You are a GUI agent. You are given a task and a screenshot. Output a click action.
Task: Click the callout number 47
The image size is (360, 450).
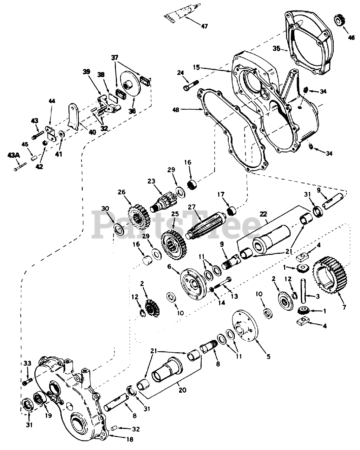(x=204, y=26)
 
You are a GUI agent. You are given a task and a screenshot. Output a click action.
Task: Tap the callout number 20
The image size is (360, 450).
(x=183, y=390)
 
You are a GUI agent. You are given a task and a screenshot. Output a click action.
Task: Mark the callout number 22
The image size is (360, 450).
(x=263, y=214)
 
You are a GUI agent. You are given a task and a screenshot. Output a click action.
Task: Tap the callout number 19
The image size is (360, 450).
(x=48, y=416)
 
